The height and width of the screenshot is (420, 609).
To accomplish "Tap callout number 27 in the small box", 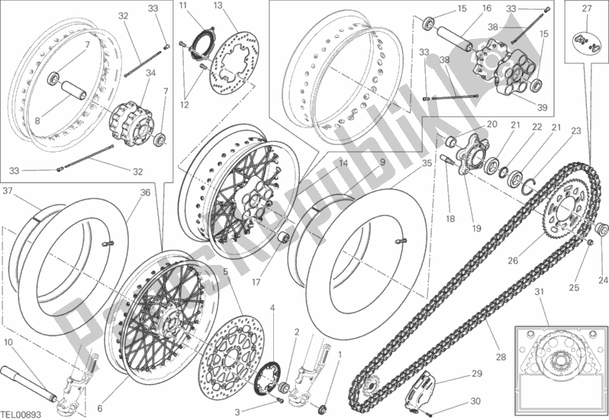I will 586,9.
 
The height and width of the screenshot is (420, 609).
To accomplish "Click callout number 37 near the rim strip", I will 8,191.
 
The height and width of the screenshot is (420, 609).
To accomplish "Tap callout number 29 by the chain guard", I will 476,373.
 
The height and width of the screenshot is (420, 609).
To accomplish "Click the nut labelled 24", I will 601,227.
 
